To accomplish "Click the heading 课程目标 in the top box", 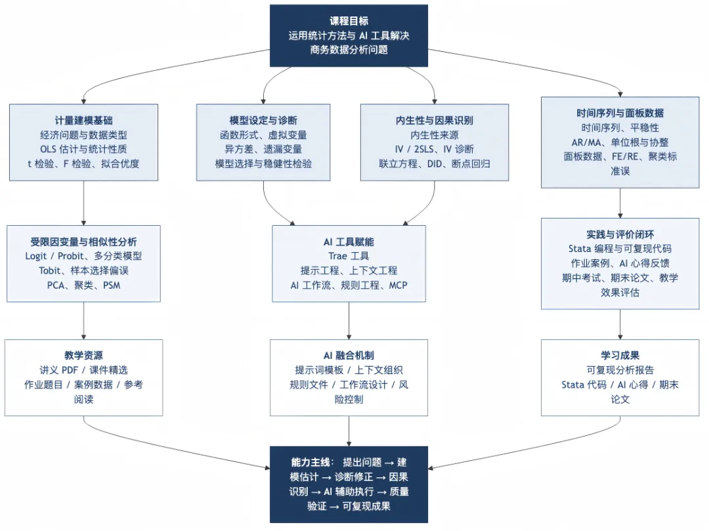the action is (x=349, y=21).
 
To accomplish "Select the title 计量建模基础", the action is (x=83, y=120).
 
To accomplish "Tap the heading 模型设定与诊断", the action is (x=263, y=120).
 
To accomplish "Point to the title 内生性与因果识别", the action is (x=434, y=120).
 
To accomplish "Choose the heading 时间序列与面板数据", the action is (x=620, y=113).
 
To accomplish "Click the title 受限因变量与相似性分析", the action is (x=83, y=242).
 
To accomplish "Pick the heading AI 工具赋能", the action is (x=349, y=242).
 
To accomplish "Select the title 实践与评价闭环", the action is (x=620, y=234).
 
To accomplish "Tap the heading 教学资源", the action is (x=83, y=355).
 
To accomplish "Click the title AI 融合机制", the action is (x=349, y=355).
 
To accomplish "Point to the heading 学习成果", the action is (x=620, y=355).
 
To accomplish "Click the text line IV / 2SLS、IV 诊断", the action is (x=434, y=149).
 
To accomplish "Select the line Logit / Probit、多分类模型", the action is (x=83, y=256).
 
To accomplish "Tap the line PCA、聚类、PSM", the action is (x=83, y=285).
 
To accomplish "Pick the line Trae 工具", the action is (x=349, y=256).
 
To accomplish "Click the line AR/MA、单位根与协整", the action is (x=620, y=142).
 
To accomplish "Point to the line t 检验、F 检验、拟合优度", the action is (x=83, y=163).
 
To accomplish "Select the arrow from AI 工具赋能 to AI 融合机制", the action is (x=349, y=320).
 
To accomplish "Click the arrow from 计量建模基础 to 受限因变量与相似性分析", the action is (x=83, y=203).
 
